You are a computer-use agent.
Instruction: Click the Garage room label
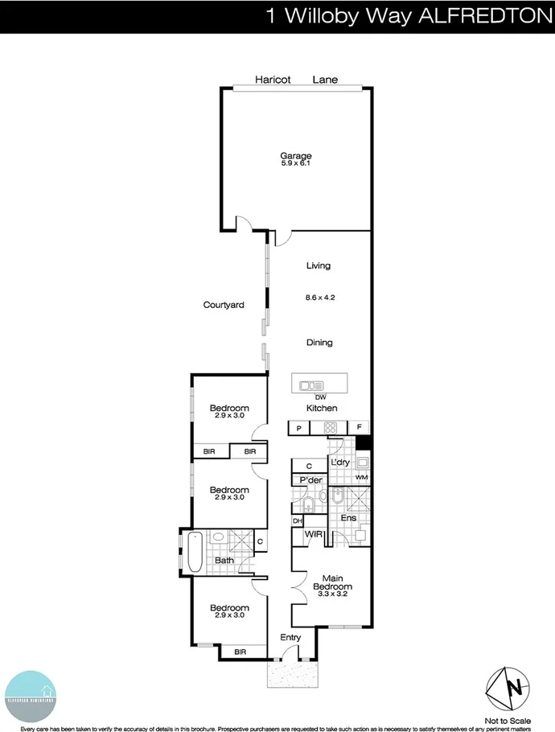point(295,156)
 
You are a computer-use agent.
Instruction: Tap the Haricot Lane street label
point(296,80)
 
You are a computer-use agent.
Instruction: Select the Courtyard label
point(224,306)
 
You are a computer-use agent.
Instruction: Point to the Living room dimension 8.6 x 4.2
point(319,298)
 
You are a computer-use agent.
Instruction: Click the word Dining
point(319,343)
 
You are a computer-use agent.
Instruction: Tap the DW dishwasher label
point(320,397)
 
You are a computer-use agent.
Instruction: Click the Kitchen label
point(321,409)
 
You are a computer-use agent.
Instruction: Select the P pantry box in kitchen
point(298,429)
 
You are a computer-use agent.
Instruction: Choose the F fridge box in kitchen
point(360,429)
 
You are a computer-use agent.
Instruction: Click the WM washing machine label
point(361,479)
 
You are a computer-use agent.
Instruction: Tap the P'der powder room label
point(310,481)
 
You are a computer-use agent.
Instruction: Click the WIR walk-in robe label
point(314,535)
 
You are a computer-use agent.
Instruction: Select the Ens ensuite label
point(347,519)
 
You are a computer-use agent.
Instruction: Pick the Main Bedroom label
point(338,582)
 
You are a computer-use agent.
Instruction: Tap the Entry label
point(290,638)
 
